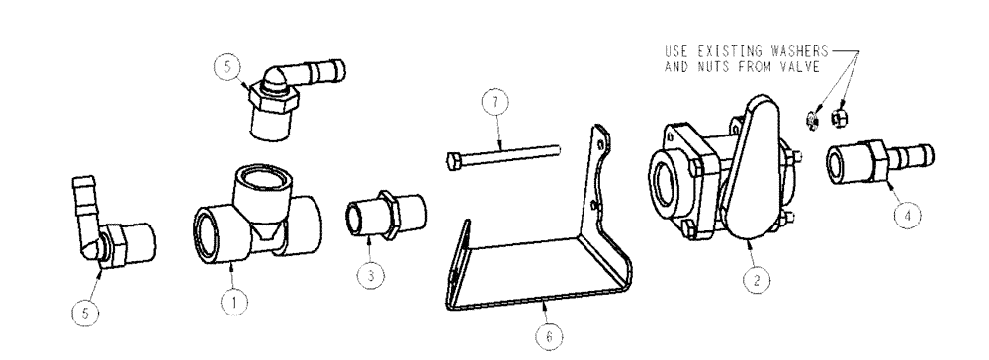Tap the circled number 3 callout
[x=370, y=276]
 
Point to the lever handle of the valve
[x=752, y=168]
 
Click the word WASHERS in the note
[x=798, y=48]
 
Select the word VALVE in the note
[x=809, y=69]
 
